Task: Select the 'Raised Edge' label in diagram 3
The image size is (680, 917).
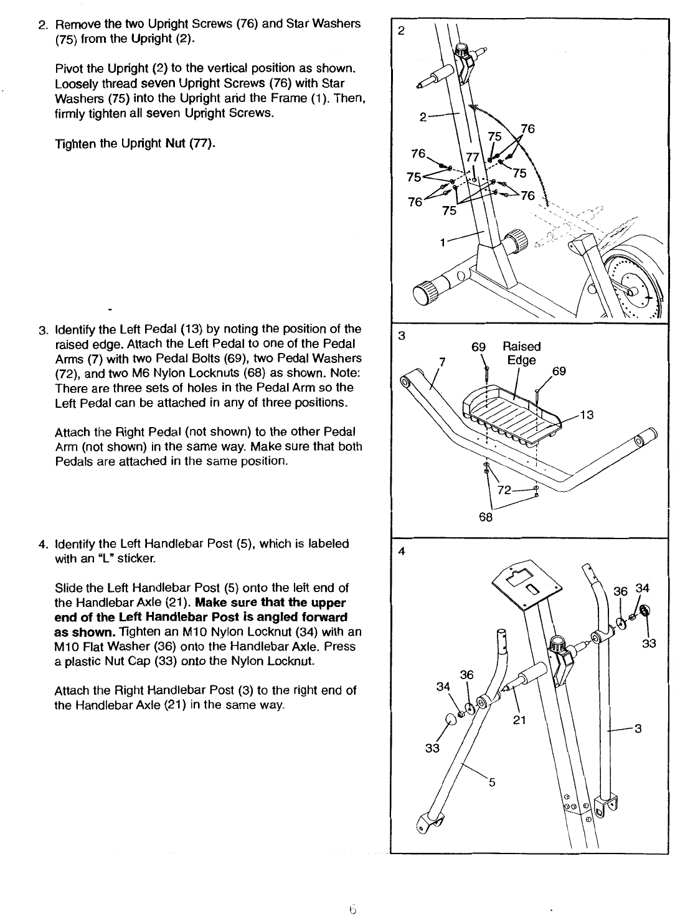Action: click(522, 353)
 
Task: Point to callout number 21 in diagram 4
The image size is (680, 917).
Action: click(520, 720)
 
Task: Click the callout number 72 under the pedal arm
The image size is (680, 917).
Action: click(504, 491)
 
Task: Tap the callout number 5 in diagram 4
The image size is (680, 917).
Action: click(491, 783)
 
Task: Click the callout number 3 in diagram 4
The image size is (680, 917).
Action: click(638, 730)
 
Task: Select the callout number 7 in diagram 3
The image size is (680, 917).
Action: click(442, 361)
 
